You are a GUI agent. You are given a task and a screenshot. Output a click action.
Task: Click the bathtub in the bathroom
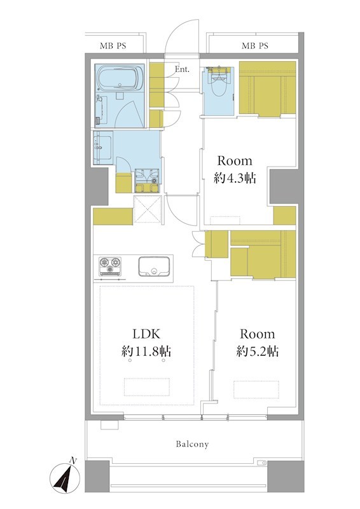(120, 78)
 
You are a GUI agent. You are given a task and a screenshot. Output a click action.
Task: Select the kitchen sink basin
(154, 266)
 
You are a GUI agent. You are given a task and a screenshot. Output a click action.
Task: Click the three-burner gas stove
(110, 266)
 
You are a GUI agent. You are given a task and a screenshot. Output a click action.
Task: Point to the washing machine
(147, 181)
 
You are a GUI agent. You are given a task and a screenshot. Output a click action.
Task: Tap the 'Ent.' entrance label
(182, 69)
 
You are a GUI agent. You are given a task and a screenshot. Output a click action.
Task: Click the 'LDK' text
(146, 333)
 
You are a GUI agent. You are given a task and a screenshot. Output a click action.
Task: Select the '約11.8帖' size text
(146, 351)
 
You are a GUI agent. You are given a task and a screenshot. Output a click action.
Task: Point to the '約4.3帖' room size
(235, 178)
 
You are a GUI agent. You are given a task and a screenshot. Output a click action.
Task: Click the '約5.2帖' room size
(257, 352)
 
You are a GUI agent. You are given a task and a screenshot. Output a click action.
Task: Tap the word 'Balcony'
(192, 443)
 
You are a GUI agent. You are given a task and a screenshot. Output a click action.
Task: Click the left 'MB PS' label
(113, 46)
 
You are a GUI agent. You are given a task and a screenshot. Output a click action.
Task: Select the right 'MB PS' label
(255, 46)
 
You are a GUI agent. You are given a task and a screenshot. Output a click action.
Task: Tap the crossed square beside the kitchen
(148, 210)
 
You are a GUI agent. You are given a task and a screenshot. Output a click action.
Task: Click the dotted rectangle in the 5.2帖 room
(256, 389)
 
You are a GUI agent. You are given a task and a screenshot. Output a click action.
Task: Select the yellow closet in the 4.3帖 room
(268, 88)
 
